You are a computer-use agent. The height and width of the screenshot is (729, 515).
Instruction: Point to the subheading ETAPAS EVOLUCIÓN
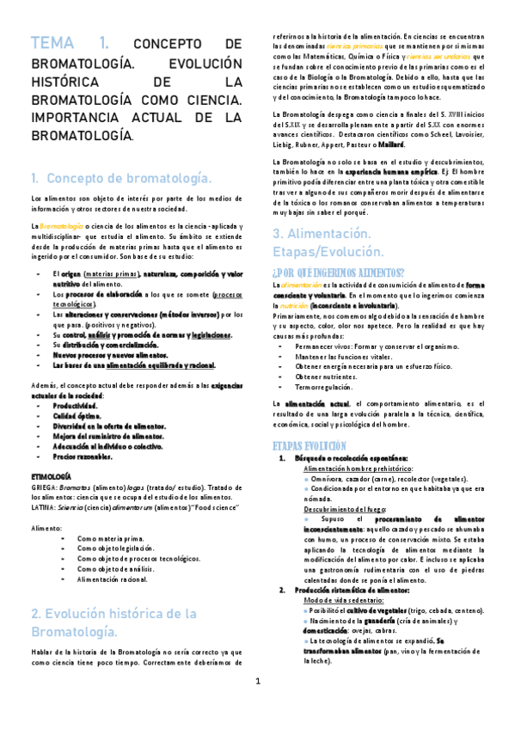point(310,446)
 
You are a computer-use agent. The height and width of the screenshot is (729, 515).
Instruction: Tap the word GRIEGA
point(43,487)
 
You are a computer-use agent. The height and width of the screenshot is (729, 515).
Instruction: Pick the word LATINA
point(43,507)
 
